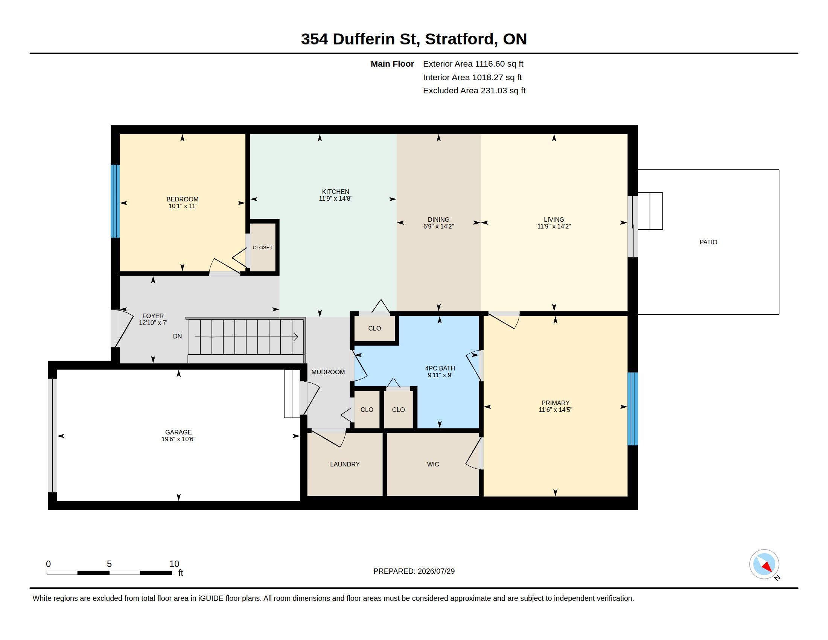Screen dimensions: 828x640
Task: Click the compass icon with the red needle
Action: point(764,564)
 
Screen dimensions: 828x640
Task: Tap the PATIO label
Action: point(708,242)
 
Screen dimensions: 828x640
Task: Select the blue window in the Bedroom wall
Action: point(115,201)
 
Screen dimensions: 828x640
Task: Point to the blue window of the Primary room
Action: point(633,409)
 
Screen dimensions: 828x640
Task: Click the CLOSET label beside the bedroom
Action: point(263,248)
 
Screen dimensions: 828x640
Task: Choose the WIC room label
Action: point(433,464)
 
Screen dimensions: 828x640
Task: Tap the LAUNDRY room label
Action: point(345,464)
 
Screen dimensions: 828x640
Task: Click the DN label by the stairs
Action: point(177,336)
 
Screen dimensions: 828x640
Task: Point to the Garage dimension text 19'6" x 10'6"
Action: point(178,439)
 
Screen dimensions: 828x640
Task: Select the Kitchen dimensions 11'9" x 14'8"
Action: point(335,198)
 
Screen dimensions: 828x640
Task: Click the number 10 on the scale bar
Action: point(174,564)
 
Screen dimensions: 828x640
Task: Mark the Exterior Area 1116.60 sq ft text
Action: point(473,64)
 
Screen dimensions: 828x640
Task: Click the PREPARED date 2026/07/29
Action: point(436,571)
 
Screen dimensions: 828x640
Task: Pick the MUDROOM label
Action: point(328,372)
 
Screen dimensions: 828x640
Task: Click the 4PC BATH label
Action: point(440,368)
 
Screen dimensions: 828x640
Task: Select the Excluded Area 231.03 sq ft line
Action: point(474,91)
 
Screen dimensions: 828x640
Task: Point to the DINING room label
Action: point(438,219)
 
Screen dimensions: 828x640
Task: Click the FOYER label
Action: point(153,316)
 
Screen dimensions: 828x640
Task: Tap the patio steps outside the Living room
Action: point(650,211)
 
